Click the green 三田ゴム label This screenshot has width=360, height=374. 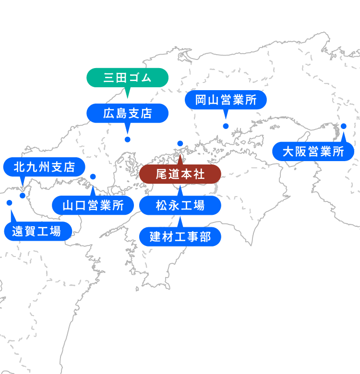[x=127, y=77]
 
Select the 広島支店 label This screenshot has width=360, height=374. [x=127, y=113]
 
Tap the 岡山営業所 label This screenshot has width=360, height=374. [x=226, y=100]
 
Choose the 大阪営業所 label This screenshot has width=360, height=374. [x=313, y=152]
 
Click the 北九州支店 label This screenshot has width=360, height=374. [x=44, y=167]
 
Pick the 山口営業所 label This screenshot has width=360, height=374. [x=93, y=206]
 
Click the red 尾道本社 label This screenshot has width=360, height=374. [x=180, y=174]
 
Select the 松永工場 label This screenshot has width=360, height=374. [x=180, y=206]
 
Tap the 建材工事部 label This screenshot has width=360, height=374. [x=180, y=237]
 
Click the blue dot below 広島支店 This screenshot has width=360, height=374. [x=127, y=140]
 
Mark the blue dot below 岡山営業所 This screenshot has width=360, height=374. [x=226, y=126]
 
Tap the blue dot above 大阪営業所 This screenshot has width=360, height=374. [x=344, y=126]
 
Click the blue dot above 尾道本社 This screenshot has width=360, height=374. [x=180, y=143]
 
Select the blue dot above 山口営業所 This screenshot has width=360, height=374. [x=93, y=176]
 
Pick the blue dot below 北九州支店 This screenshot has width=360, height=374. [x=23, y=196]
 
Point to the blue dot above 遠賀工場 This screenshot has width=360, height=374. [x=9, y=203]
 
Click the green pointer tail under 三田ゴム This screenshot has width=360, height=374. [x=127, y=92]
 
